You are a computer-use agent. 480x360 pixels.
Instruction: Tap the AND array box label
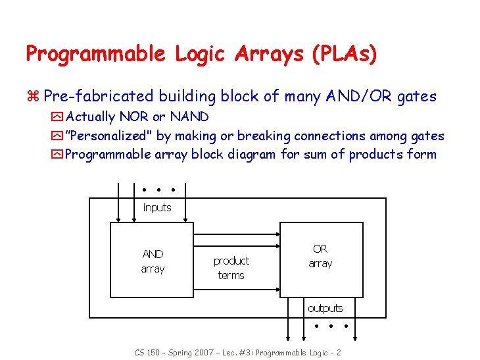[x=153, y=261]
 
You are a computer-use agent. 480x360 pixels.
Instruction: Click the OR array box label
[x=320, y=256]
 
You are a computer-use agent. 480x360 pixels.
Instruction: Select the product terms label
[x=231, y=268]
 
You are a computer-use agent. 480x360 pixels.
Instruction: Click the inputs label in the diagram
[x=157, y=208]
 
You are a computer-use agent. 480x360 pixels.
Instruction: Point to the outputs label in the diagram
[x=325, y=308]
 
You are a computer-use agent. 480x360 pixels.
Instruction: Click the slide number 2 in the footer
[x=338, y=352]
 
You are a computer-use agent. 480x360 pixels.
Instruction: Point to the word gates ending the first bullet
[x=417, y=97]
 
